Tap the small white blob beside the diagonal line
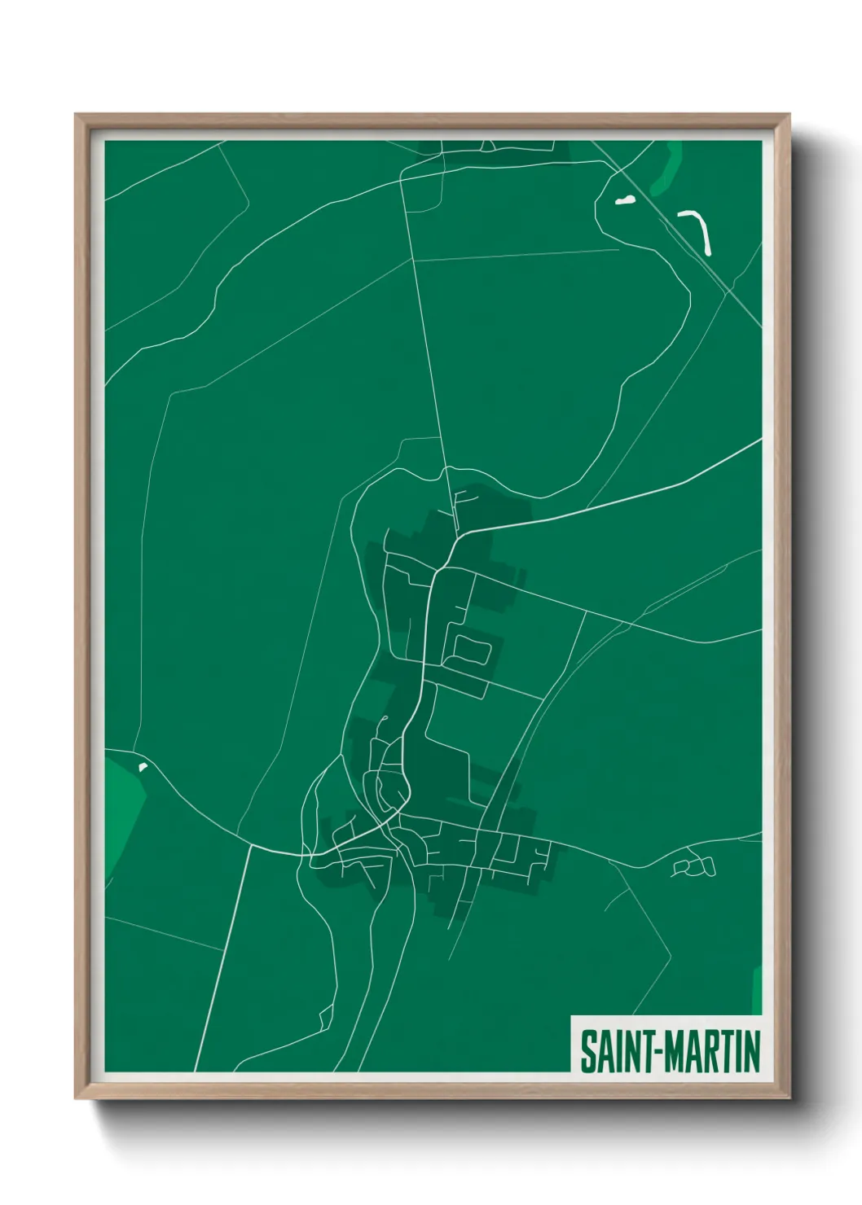point(625,200)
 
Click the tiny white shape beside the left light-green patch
point(143,766)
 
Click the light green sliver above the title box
point(756,990)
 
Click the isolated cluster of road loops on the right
point(694,865)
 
